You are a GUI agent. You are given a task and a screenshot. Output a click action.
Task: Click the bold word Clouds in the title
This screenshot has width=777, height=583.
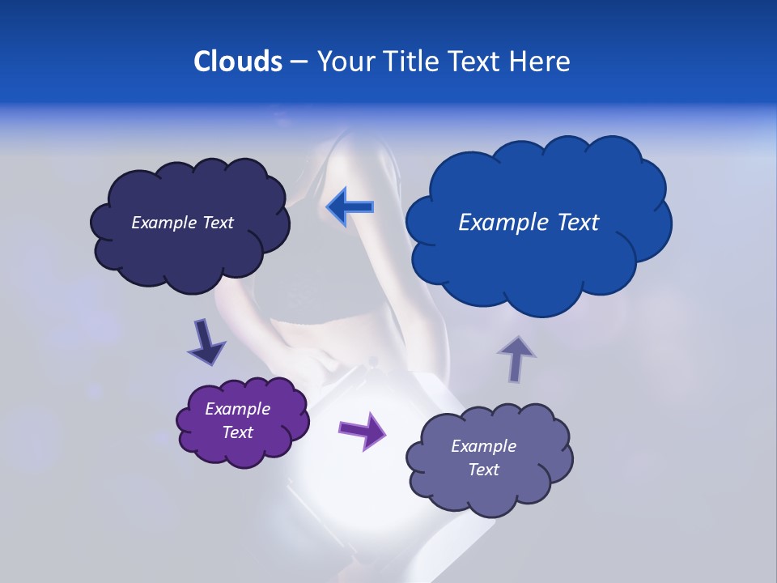(238, 62)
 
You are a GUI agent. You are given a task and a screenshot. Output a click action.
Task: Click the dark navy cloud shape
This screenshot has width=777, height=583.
(189, 251)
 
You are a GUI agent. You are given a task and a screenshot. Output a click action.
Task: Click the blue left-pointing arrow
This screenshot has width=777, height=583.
(350, 208)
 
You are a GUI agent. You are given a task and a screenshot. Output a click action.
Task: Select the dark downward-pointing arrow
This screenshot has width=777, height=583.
(206, 342)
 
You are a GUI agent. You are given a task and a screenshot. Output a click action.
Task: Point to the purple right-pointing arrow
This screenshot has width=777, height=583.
(362, 429)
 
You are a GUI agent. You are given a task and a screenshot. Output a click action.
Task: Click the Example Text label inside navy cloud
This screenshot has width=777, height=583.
(182, 223)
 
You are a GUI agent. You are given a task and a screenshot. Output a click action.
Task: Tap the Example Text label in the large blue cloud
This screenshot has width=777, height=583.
(529, 223)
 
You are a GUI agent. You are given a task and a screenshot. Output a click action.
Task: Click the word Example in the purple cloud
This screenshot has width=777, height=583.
(238, 409)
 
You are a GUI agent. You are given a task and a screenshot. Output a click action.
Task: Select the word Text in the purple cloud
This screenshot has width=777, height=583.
(238, 432)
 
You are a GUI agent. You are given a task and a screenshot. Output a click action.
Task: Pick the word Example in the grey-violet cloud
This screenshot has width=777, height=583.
(483, 446)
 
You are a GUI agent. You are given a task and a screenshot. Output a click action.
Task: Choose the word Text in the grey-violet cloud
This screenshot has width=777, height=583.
(483, 470)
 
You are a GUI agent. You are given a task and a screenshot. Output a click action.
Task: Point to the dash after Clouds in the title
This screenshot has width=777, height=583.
(299, 62)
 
